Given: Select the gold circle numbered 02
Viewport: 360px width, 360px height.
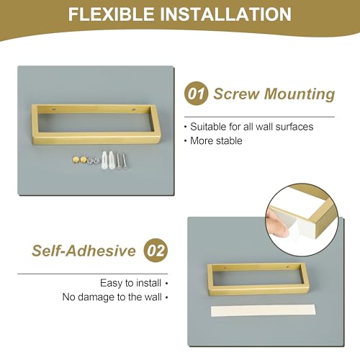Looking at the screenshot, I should (156, 251).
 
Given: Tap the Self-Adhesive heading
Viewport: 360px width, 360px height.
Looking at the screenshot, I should (84, 251).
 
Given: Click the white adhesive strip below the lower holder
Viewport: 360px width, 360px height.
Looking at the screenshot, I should (258, 311).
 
